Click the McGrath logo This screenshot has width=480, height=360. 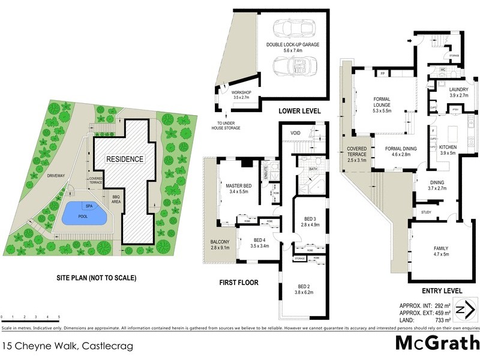coord(437,343)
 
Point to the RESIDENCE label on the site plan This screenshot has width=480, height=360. coord(125,159)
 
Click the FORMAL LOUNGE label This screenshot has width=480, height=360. coord(382,102)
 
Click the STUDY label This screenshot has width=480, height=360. coord(426,212)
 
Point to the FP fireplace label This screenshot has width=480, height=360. coord(382,73)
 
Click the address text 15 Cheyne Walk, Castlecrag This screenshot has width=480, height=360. coord(67,346)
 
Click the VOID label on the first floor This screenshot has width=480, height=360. coord(295,133)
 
